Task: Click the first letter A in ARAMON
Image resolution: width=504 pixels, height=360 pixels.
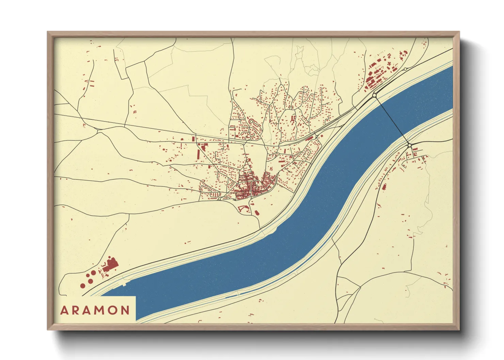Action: click(x=64, y=310)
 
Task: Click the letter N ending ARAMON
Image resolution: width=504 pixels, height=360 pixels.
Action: click(x=125, y=310)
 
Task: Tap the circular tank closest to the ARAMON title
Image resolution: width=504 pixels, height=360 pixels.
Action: click(x=82, y=286)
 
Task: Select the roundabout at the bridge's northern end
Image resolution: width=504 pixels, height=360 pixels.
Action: click(x=374, y=96)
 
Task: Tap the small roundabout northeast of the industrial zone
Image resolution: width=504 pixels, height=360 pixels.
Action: click(x=405, y=69)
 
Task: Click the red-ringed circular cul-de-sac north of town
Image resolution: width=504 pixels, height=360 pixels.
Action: click(x=251, y=121)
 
